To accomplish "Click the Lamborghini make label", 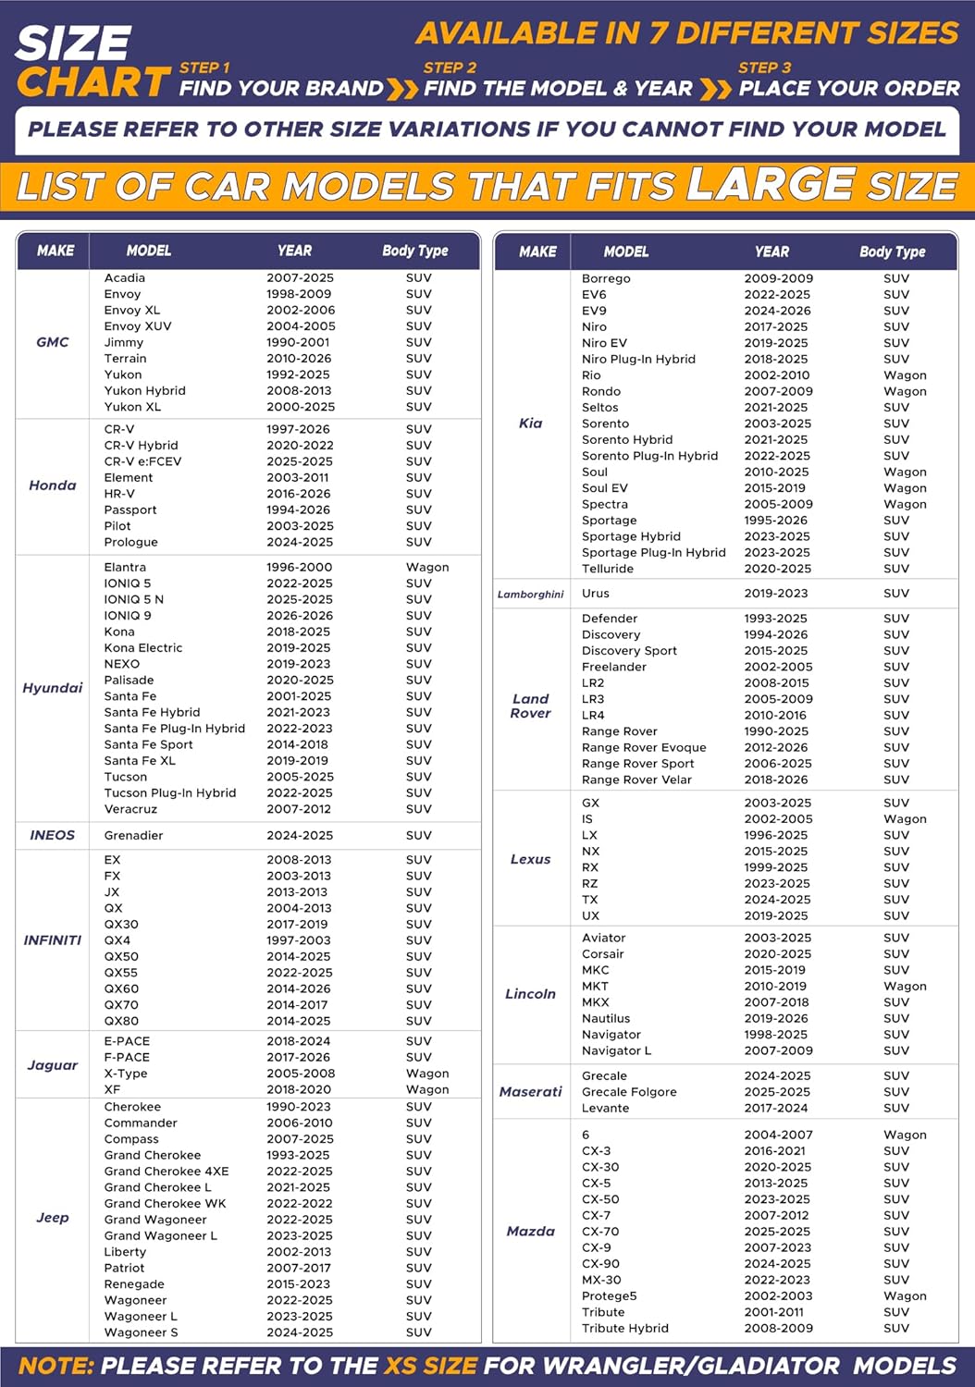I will (x=530, y=595).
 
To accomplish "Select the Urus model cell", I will (x=596, y=594).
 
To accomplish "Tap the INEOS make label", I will (x=53, y=835).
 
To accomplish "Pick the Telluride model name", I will (x=608, y=569).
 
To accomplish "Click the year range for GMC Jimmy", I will (x=298, y=342).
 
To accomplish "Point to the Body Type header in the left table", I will (x=414, y=251).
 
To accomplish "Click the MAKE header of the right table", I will (x=537, y=252).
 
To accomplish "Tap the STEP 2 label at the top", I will (x=450, y=68).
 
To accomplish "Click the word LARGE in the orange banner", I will (x=770, y=184).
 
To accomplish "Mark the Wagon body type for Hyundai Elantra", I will (x=427, y=567).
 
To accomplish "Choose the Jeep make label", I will (x=53, y=1218).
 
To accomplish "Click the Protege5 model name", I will (x=610, y=1296).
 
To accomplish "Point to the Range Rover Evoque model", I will (x=644, y=747).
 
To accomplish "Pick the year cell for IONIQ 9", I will (x=300, y=616).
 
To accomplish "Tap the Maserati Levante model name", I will (x=605, y=1108).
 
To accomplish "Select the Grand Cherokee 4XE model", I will (x=167, y=1172).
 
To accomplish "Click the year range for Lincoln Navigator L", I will (x=778, y=1050).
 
